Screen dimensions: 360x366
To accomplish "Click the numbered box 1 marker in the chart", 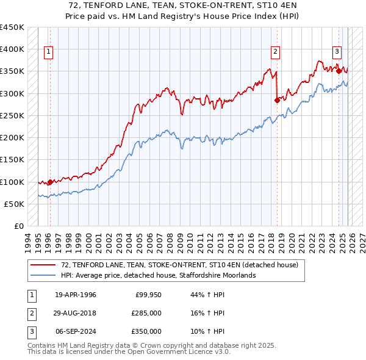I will pyautogui.click(x=48, y=52).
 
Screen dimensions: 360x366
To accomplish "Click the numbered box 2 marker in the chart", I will pyautogui.click(x=276, y=52).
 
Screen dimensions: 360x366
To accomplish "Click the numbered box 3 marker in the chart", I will pyautogui.click(x=336, y=52).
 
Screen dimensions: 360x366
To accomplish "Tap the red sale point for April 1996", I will pyautogui.click(x=50, y=181).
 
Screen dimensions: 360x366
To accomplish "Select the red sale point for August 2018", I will pyautogui.click(x=277, y=99).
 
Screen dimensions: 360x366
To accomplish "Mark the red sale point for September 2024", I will pyautogui.click(x=339, y=71).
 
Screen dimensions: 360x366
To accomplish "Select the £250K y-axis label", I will pyautogui.click(x=12, y=115).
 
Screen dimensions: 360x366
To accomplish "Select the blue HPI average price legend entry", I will pyautogui.click(x=158, y=275).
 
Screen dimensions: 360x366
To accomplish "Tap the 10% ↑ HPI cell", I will pyautogui.click(x=207, y=331).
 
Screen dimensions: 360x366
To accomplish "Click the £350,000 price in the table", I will pyautogui.click(x=146, y=331).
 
